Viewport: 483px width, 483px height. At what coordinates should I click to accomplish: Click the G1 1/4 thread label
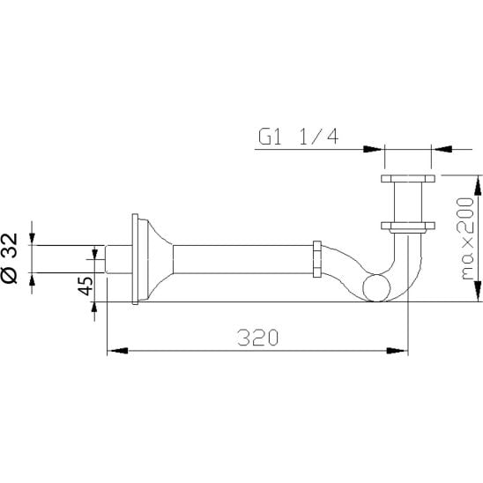click(x=298, y=137)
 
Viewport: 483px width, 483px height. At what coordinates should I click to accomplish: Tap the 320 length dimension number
click(x=258, y=338)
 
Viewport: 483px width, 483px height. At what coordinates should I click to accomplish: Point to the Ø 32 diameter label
click(x=9, y=258)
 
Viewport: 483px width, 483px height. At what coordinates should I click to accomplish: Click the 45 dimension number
click(x=85, y=286)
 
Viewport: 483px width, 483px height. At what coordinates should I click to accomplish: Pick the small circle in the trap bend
click(x=376, y=288)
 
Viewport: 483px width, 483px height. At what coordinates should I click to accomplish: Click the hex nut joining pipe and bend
click(x=317, y=259)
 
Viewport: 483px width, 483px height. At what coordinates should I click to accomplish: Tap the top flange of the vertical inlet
click(x=408, y=179)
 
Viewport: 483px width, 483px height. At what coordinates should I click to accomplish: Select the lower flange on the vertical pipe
click(x=408, y=226)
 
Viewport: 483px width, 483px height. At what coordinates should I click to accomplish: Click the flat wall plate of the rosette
click(x=135, y=259)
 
